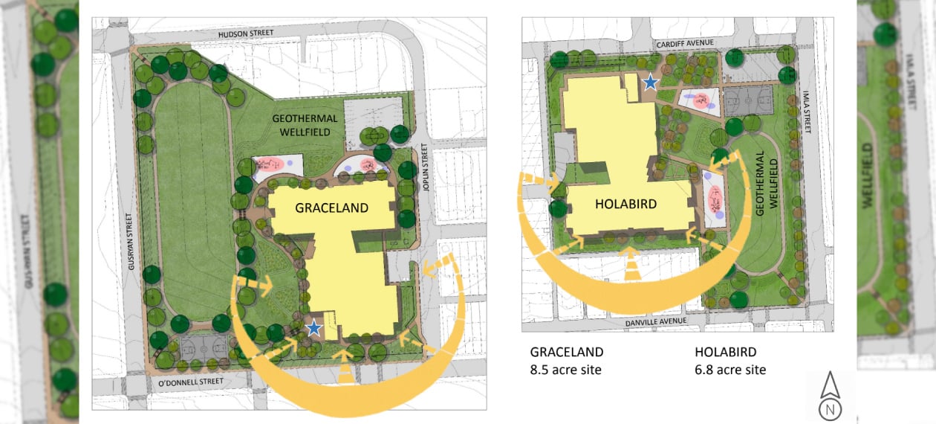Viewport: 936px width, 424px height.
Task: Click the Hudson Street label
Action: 246,33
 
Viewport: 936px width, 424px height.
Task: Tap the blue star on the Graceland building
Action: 314,327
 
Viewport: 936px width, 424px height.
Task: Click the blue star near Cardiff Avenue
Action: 651,82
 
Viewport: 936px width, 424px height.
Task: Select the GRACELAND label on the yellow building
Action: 331,208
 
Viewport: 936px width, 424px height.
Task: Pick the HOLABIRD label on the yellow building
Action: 625,204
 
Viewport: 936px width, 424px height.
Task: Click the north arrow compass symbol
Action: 830,398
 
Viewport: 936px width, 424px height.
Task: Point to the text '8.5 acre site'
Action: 565,370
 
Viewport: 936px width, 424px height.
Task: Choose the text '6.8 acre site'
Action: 730,370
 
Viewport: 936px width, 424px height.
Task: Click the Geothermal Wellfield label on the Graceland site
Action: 305,125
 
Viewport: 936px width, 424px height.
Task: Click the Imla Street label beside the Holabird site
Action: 808,112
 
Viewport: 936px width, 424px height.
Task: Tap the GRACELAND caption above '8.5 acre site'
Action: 566,352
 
